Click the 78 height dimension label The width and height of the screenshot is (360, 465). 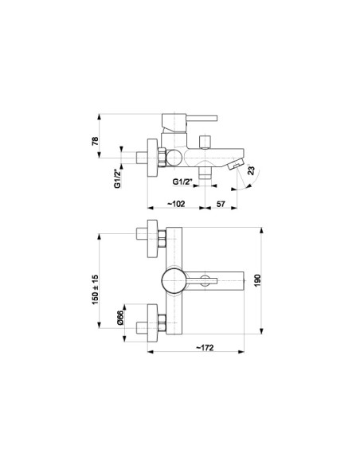(x=95, y=141)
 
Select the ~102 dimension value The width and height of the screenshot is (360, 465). (x=176, y=204)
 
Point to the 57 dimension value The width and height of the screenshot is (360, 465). (x=221, y=204)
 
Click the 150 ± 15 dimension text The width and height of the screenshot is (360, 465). (x=95, y=290)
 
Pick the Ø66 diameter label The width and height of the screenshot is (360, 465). (x=120, y=318)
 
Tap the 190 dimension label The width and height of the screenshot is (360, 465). (x=257, y=280)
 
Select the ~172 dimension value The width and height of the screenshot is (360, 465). (x=205, y=347)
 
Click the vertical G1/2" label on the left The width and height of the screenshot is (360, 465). (x=118, y=178)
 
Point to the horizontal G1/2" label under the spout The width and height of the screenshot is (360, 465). (x=183, y=182)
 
